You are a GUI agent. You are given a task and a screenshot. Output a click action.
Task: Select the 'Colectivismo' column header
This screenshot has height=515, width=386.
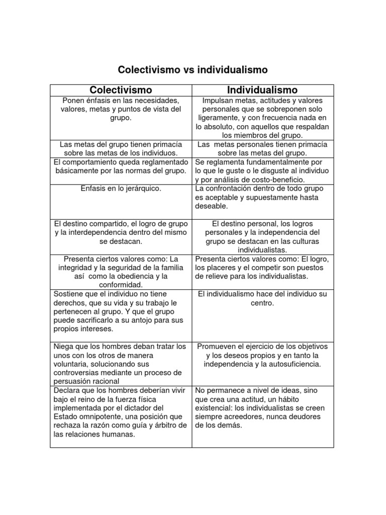point(121,90)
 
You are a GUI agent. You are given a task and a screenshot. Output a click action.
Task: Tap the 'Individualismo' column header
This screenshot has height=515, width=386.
point(262,90)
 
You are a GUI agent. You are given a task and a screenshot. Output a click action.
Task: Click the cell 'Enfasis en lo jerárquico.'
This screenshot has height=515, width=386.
point(121,189)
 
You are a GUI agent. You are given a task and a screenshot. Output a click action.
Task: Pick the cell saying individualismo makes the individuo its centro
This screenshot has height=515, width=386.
point(262,298)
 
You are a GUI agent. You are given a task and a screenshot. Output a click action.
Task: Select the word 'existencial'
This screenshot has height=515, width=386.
point(214,408)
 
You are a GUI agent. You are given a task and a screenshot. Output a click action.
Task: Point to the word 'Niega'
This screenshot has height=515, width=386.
point(63,347)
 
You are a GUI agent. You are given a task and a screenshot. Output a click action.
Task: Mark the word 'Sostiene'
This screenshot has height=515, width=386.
point(69,294)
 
